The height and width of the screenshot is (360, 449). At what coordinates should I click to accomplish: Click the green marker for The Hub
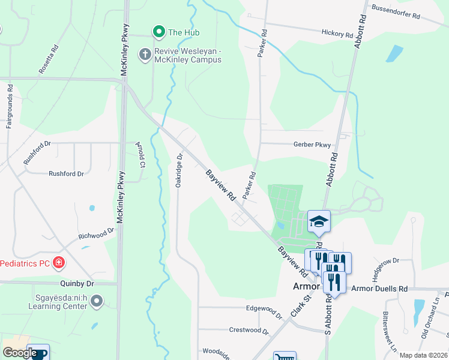tap(159, 32)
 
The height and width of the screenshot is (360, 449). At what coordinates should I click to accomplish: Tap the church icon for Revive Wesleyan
tap(145, 55)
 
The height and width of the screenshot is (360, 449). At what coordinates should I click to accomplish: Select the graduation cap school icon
tap(319, 222)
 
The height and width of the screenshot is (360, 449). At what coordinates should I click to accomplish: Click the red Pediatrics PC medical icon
tap(59, 263)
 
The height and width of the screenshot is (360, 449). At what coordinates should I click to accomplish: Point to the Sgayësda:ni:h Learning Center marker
tap(97, 301)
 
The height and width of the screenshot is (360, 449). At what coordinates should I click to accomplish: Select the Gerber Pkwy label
tap(312, 145)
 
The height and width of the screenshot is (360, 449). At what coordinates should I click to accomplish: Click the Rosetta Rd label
tap(49, 59)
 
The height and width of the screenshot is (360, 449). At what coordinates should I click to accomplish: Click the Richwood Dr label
tap(96, 234)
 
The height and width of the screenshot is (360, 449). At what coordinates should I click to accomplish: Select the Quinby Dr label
tap(77, 283)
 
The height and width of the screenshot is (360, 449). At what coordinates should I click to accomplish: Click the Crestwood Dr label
tap(250, 330)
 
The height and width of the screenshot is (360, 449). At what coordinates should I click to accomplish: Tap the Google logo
tap(19, 353)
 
